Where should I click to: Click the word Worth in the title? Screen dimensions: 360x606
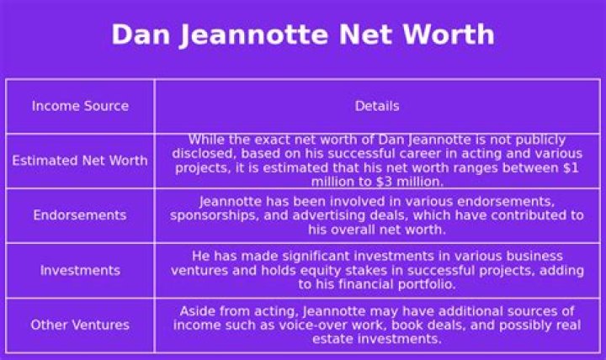(447, 35)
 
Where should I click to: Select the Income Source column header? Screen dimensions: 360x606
(80, 106)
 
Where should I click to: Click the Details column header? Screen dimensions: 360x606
(376, 106)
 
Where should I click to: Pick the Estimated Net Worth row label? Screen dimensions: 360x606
(80, 161)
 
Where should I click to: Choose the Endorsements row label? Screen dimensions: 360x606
(80, 215)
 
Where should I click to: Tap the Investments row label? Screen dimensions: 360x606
(80, 271)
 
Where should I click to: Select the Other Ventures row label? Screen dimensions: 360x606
(80, 325)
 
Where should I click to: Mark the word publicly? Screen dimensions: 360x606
(540, 140)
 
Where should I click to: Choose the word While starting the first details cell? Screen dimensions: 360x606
(206, 140)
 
